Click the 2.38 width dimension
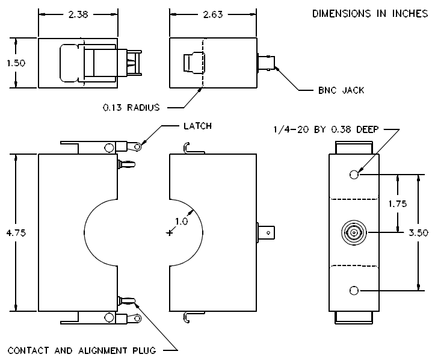click(78, 14)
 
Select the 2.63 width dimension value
click(213, 14)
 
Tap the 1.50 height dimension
click(16, 63)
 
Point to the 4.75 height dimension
click(16, 233)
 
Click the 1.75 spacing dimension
click(398, 203)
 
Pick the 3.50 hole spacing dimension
click(418, 233)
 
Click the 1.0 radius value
click(181, 221)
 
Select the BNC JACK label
click(341, 90)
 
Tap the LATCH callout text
click(197, 126)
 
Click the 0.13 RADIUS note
click(131, 107)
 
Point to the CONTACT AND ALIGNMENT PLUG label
click(82, 350)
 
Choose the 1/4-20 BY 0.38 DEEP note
click(326, 129)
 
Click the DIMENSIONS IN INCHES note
click(370, 13)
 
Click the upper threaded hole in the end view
click(354, 175)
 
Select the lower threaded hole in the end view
click(354, 291)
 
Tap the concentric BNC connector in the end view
click(354, 233)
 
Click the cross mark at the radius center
click(170, 233)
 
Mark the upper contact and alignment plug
click(126, 165)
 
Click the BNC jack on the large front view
click(266, 233)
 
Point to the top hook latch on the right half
click(193, 148)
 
